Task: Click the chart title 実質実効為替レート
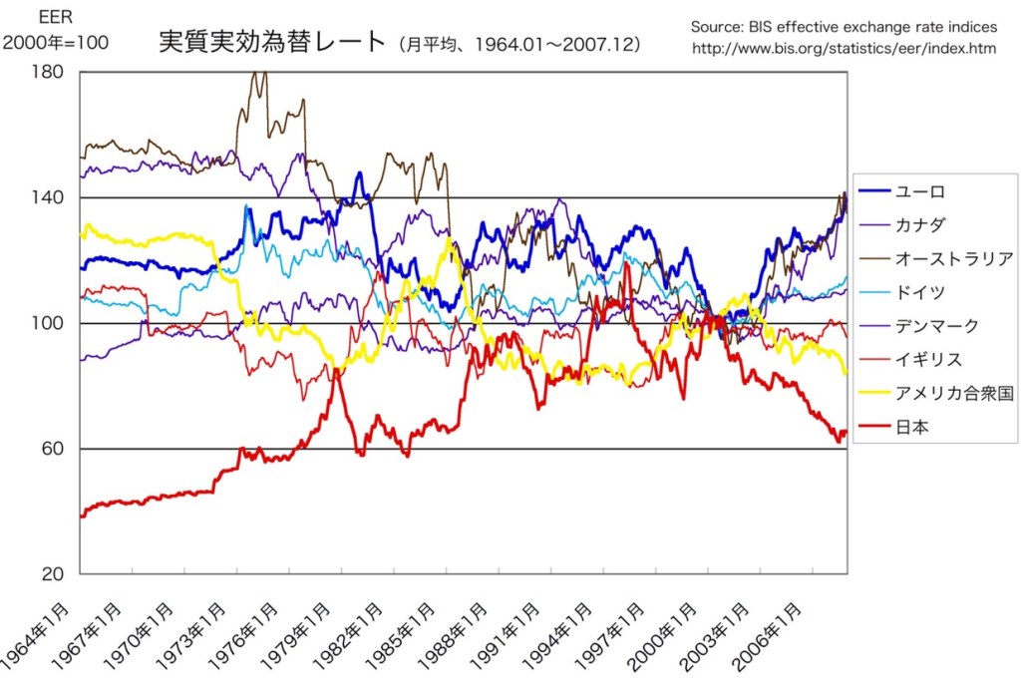tap(271, 43)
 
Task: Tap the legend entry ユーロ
tap(918, 191)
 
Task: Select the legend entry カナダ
tap(918, 225)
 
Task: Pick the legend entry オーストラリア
tap(953, 259)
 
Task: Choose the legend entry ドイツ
tap(918, 292)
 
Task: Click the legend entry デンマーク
tap(936, 326)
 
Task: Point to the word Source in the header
tap(715, 26)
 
